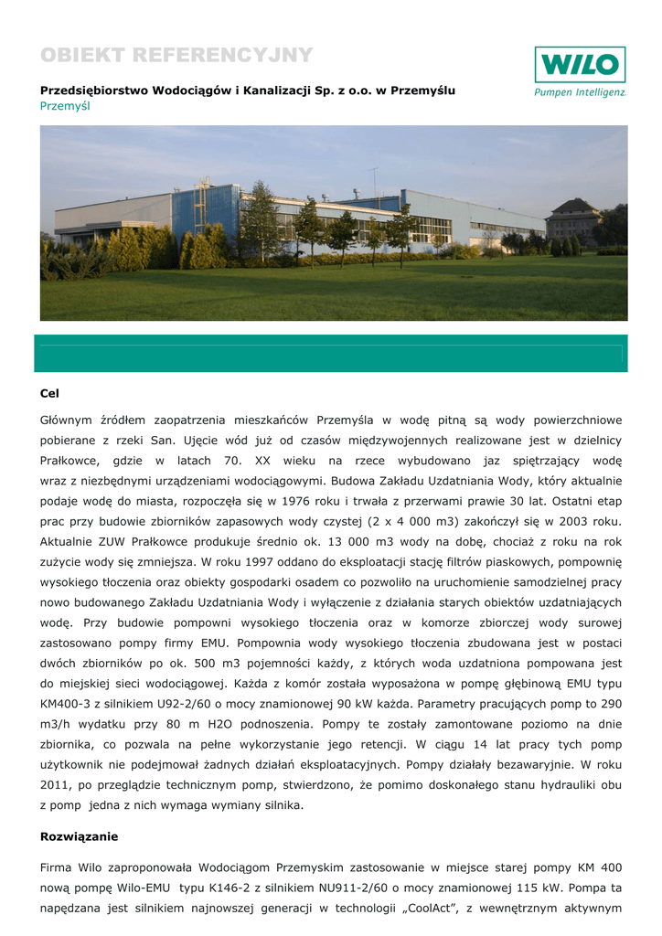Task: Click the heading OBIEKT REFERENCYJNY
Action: tap(176, 56)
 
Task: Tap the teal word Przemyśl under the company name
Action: tap(65, 106)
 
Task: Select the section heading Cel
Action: tap(49, 393)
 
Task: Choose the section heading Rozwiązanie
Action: tap(80, 836)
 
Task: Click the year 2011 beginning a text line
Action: tap(57, 784)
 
